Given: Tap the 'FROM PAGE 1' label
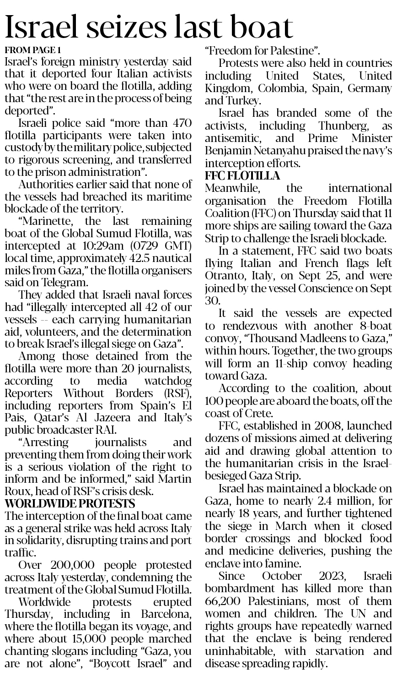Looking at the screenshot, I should [32, 50].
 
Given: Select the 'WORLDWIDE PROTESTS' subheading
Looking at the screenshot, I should [70, 504].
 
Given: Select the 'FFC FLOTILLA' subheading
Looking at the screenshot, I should [242, 176].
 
